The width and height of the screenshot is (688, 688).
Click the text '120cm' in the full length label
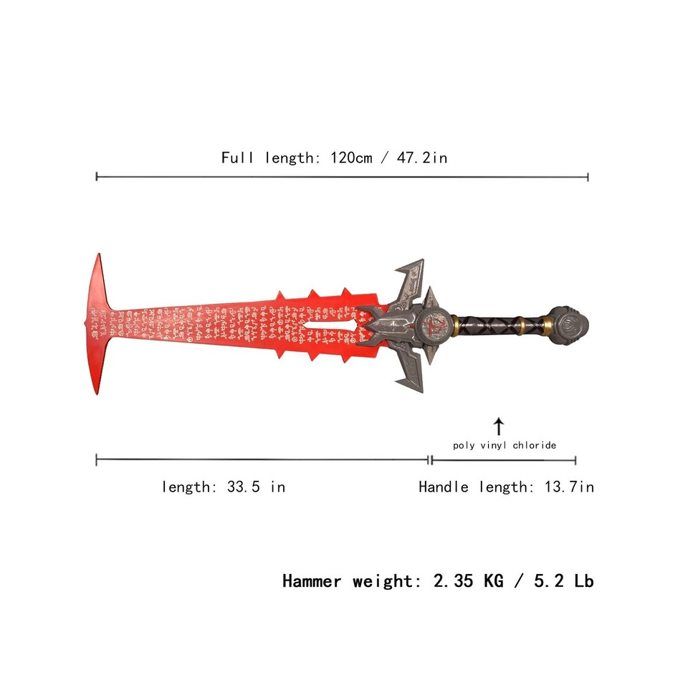[x=351, y=158]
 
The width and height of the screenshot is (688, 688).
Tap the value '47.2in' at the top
[x=423, y=158]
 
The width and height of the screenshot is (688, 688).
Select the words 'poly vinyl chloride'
[x=505, y=445]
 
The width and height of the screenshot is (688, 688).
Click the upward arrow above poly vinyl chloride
[x=499, y=426]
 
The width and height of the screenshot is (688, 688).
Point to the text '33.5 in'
[x=256, y=487]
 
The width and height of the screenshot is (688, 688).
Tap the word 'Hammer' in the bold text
[x=312, y=580]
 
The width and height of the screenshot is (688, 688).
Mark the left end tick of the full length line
[x=97, y=176]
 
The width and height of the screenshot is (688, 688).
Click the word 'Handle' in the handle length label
[x=444, y=487]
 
